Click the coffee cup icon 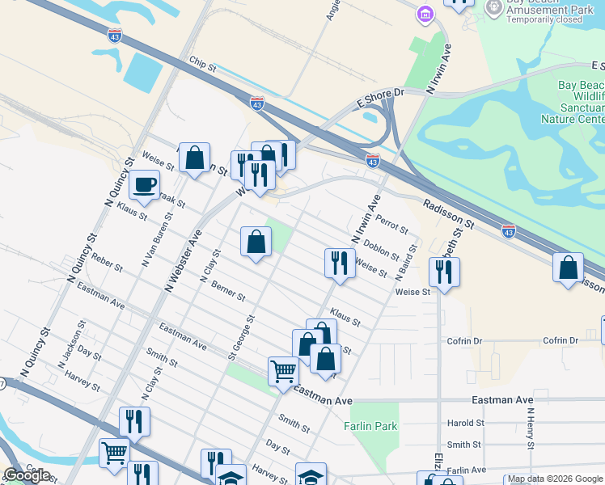tap(145, 184)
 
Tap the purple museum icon tap(425, 14)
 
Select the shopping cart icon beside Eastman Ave tap(283, 372)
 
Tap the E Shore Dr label tap(379, 99)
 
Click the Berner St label tap(227, 291)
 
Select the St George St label tap(241, 338)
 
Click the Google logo tap(27, 475)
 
